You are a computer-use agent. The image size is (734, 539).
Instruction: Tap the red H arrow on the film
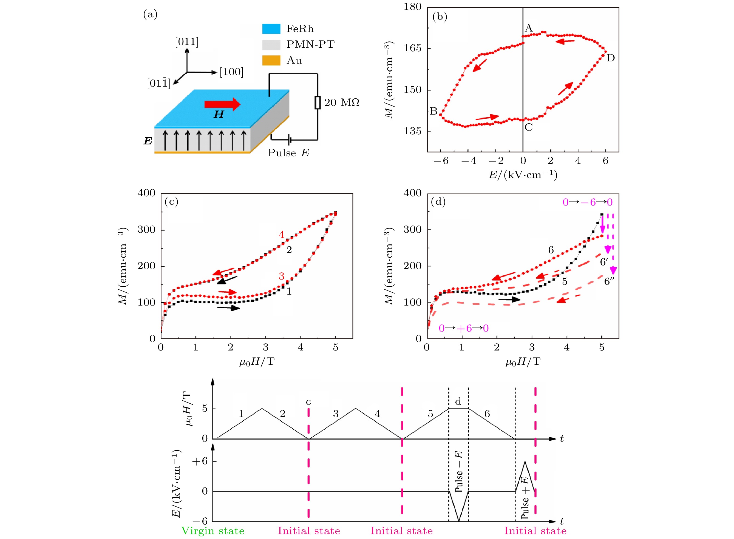[x=222, y=104]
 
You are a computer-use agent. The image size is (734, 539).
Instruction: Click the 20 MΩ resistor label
[x=342, y=102]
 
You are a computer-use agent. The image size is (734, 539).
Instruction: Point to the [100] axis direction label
[x=231, y=72]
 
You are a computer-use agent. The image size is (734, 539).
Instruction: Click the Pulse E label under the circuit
[x=288, y=153]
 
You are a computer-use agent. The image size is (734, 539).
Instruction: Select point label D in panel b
[x=610, y=58]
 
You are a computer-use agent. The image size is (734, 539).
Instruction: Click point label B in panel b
[x=433, y=111]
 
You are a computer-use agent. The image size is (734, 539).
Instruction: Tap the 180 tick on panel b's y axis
[x=412, y=7]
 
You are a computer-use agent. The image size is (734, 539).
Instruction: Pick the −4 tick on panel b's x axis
[x=469, y=161]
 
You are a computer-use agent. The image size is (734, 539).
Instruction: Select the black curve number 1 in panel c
[x=289, y=291]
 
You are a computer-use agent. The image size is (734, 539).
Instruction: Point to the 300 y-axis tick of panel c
[x=146, y=229]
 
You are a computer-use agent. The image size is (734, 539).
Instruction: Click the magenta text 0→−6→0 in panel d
[x=587, y=202]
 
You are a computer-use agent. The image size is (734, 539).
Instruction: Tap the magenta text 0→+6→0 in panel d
[x=463, y=328]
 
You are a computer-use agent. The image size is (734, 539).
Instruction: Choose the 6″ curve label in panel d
[x=609, y=281]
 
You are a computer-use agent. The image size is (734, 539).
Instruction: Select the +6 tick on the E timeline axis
[x=200, y=461]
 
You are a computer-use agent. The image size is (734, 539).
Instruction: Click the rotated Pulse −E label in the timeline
[x=458, y=472]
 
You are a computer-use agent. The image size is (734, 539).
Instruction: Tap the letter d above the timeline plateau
[x=458, y=402]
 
